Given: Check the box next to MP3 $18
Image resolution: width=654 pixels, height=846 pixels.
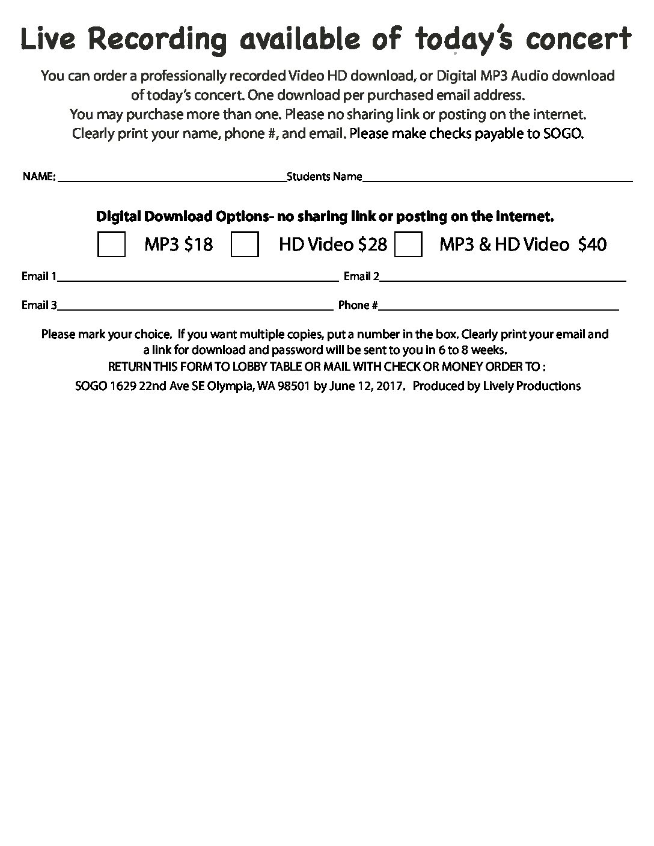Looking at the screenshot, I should (x=111, y=245).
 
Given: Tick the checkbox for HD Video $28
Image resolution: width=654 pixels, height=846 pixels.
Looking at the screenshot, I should (x=245, y=245).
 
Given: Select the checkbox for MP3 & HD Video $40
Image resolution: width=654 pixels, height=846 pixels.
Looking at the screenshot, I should (x=408, y=245).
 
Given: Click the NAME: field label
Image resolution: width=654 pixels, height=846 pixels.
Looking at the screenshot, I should (x=39, y=177).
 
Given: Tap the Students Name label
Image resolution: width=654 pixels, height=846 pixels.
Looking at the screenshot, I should (x=325, y=177).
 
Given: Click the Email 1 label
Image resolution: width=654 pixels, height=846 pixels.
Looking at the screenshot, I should (x=39, y=276).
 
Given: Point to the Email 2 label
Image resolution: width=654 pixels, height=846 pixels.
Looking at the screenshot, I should (x=361, y=276).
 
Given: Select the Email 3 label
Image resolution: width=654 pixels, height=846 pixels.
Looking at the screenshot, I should (x=39, y=305).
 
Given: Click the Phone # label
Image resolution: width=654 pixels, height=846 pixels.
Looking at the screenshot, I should (x=358, y=305).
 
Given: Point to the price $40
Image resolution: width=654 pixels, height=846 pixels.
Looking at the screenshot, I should (x=592, y=245).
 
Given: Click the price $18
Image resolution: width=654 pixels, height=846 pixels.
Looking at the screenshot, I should (x=198, y=245).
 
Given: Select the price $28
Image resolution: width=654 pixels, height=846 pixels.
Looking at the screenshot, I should (x=373, y=245).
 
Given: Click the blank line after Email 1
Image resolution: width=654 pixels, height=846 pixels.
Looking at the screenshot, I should (x=198, y=280).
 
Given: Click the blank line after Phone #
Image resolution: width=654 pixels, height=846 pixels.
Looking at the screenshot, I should (x=499, y=309).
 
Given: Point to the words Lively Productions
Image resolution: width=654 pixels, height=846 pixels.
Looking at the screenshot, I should (x=532, y=386).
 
